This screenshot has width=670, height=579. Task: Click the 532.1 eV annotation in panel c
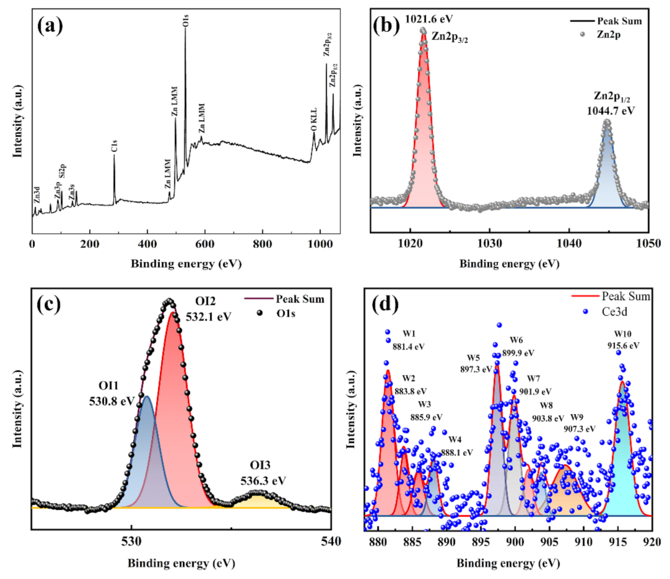pyautogui.click(x=208, y=317)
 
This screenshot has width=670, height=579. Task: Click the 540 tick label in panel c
pyautogui.click(x=330, y=540)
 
